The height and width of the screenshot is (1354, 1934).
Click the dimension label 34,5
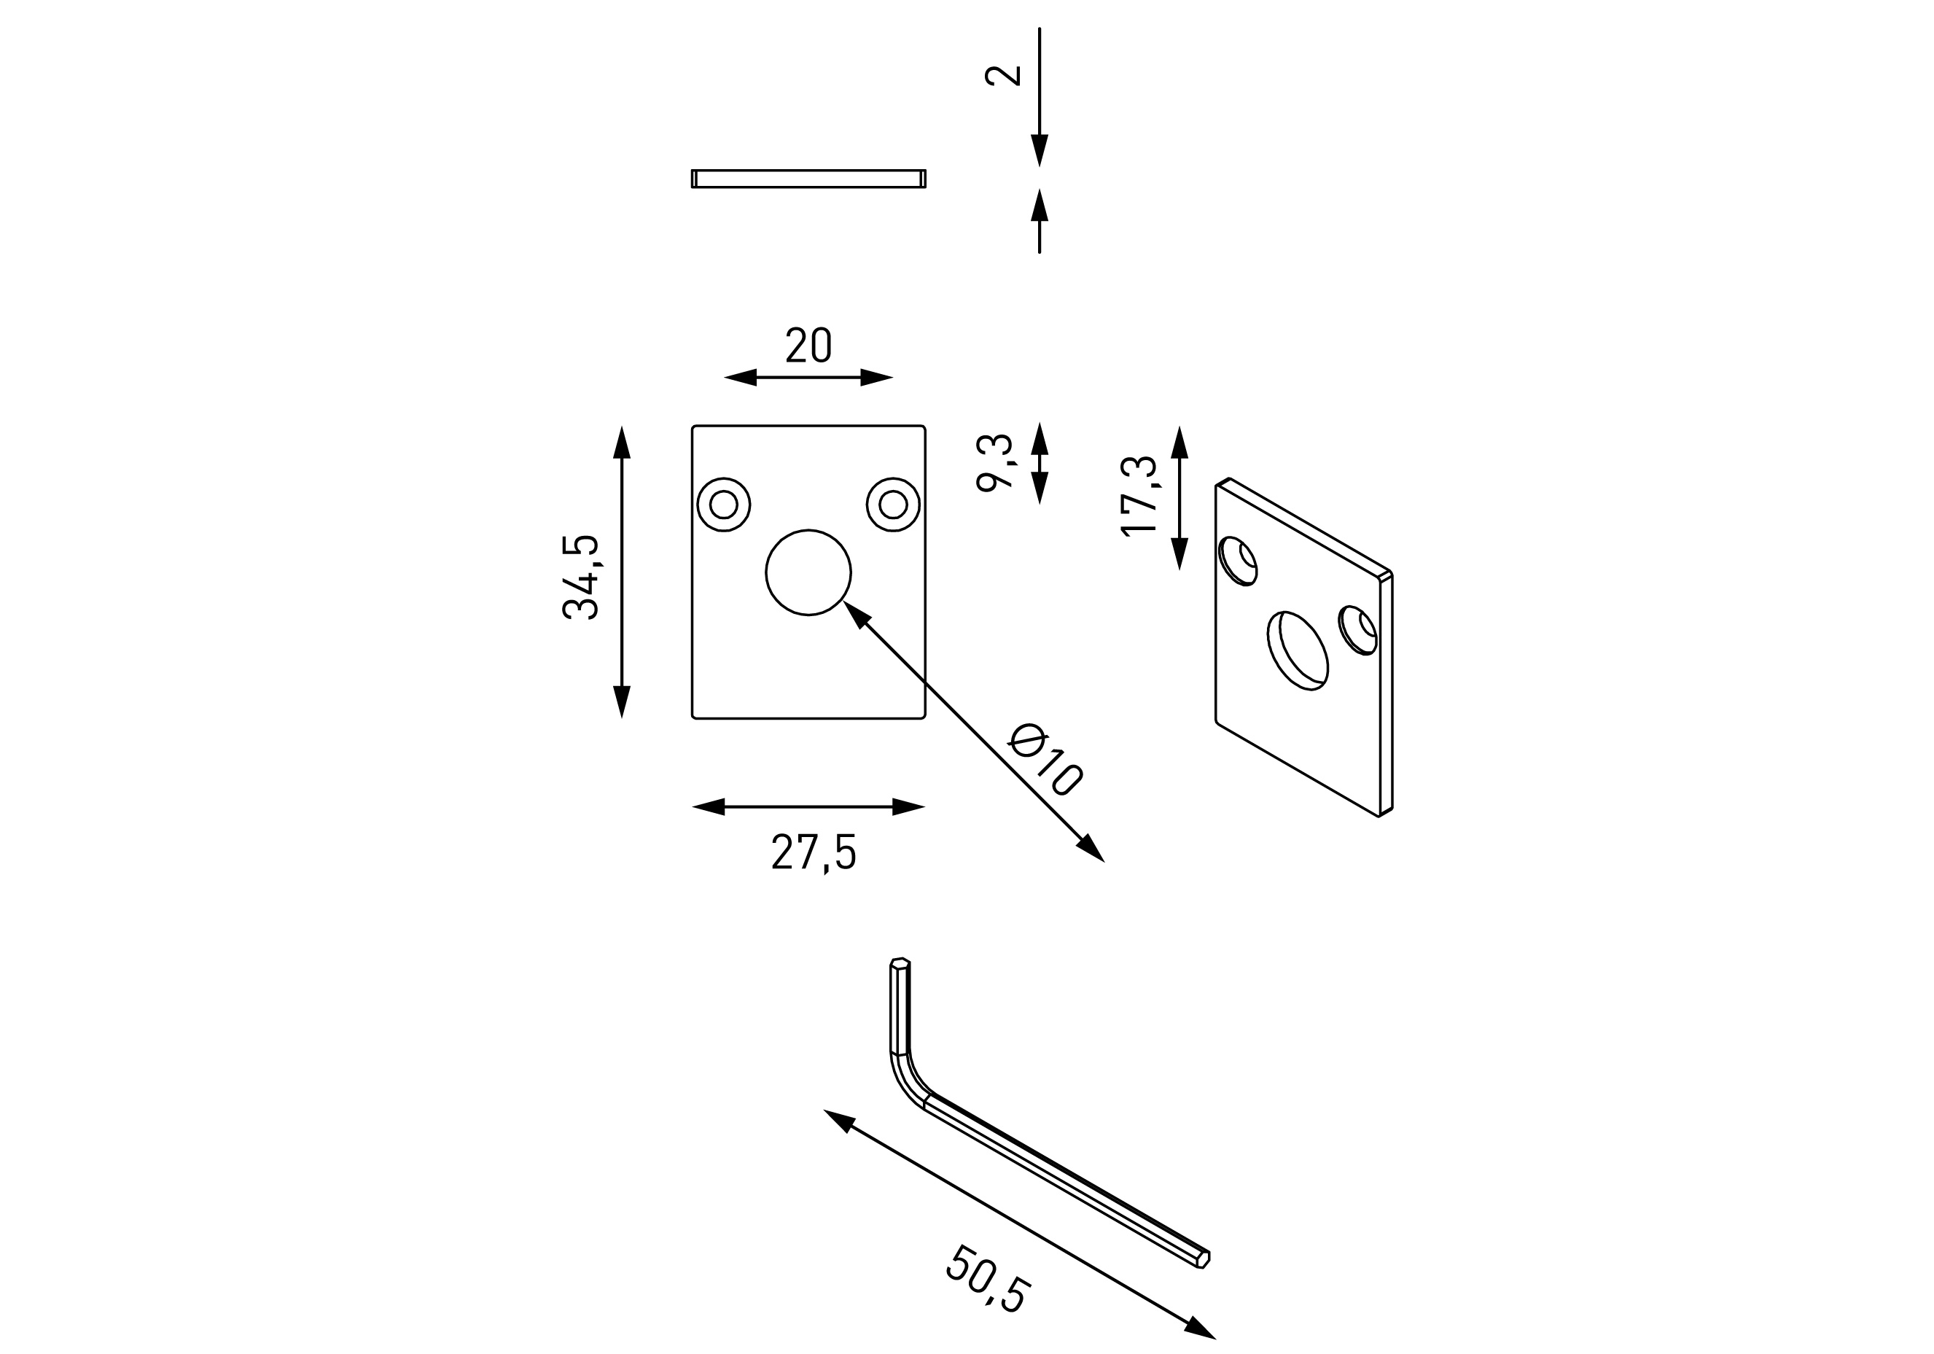click(x=580, y=577)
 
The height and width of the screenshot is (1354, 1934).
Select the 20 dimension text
click(x=808, y=346)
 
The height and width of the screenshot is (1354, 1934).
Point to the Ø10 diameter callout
click(x=1045, y=758)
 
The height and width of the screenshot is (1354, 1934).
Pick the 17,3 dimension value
click(x=1139, y=495)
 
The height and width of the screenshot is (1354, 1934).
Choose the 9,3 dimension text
click(x=995, y=462)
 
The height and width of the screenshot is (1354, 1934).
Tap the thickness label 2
click(x=1002, y=75)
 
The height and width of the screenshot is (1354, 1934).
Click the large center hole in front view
click(x=808, y=572)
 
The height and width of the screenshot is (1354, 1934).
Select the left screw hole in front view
click(x=724, y=504)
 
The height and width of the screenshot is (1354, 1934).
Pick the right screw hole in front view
click(x=893, y=504)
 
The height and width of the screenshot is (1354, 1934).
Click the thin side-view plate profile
click(x=808, y=179)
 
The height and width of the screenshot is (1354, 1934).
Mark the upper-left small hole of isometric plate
click(x=1239, y=560)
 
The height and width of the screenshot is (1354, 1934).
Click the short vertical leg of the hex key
click(x=900, y=1007)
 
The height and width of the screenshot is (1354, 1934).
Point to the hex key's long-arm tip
click(x=1203, y=1258)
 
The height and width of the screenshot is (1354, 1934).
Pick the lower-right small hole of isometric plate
click(x=1358, y=629)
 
